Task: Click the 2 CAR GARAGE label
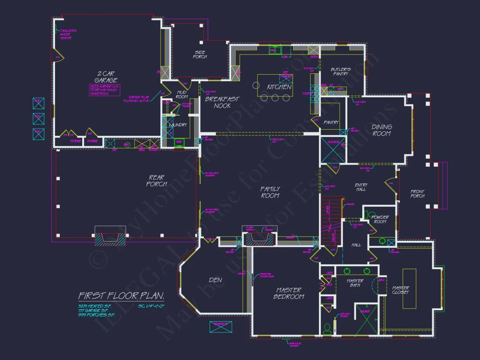[106, 77]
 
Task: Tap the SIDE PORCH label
[200, 55]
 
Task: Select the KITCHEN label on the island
[279, 87]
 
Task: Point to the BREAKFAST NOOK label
[223, 102]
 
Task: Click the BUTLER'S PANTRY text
[340, 72]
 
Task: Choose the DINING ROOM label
[382, 130]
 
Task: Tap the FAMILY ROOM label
[270, 192]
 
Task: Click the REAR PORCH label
[157, 181]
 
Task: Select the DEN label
[216, 280]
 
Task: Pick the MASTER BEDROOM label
[288, 293]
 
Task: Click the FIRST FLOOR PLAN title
[121, 296]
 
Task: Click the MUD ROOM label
[182, 95]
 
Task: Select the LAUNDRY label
[178, 125]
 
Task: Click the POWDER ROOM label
[380, 219]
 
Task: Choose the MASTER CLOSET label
[401, 291]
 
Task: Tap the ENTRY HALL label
[361, 188]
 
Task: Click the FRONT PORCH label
[417, 194]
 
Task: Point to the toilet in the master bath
[327, 327]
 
